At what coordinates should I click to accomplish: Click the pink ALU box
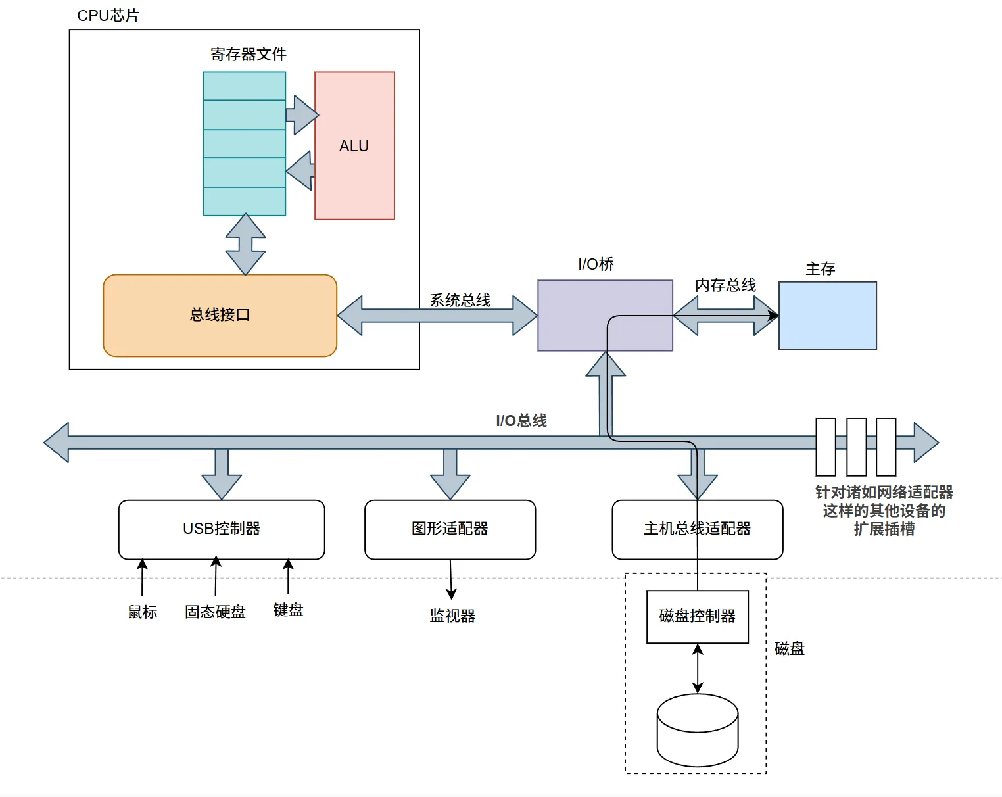pos(354,145)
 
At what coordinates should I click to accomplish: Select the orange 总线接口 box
pos(220,316)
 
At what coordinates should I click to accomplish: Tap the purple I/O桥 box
pos(605,316)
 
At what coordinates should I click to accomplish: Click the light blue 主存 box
pos(827,316)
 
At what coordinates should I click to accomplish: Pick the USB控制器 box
pos(222,529)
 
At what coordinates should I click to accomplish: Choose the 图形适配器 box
pos(450,529)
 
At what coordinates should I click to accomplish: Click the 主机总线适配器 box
pos(697,529)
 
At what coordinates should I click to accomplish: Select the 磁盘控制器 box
pos(697,617)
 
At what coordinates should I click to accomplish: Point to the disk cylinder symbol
pos(697,730)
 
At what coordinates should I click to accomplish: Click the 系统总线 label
pos(460,300)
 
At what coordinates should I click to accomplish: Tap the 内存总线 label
pos(725,285)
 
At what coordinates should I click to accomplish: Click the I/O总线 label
pos(521,421)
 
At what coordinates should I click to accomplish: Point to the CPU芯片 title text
pos(108,15)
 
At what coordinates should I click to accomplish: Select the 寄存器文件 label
pos(248,55)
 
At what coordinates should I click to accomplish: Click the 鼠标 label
pos(143,612)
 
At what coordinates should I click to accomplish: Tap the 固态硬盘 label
pos(215,612)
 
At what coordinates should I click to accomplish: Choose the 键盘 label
pos(288,610)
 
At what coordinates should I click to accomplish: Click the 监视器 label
pos(452,616)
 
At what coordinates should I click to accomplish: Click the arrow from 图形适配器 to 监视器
pos(451,579)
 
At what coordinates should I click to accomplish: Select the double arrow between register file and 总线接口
pos(245,244)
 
